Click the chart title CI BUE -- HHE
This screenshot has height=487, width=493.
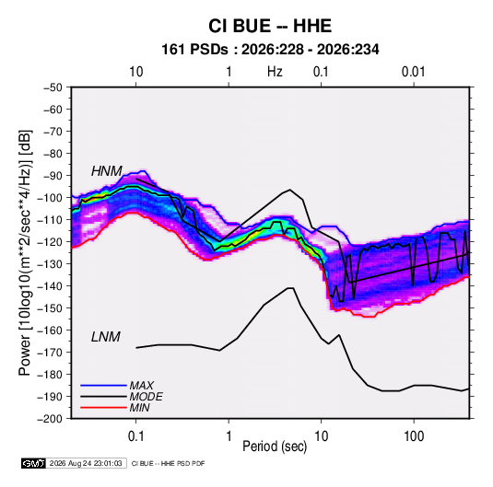[270, 26]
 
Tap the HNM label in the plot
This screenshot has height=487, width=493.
[107, 171]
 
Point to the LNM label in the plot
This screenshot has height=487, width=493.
[106, 337]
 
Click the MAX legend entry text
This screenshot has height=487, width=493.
[142, 386]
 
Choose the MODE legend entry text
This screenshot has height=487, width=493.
[146, 397]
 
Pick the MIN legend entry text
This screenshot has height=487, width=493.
[139, 408]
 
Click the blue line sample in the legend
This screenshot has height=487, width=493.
[103, 385]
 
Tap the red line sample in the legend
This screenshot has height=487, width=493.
[103, 408]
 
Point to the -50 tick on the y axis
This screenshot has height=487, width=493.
[53, 87]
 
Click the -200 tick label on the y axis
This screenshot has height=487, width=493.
[50, 419]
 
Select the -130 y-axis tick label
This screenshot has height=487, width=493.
[50, 263]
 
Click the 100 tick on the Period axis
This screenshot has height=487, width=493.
[414, 436]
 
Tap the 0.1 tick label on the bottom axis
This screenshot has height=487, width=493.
[135, 436]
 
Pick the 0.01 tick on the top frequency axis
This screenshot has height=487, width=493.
[414, 72]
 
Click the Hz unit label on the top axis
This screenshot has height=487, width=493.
[275, 72]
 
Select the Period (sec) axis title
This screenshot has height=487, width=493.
[275, 446]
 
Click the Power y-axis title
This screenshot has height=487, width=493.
[25, 253]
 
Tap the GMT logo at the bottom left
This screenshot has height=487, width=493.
[34, 463]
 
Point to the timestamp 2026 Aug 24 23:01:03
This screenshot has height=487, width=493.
[86, 463]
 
